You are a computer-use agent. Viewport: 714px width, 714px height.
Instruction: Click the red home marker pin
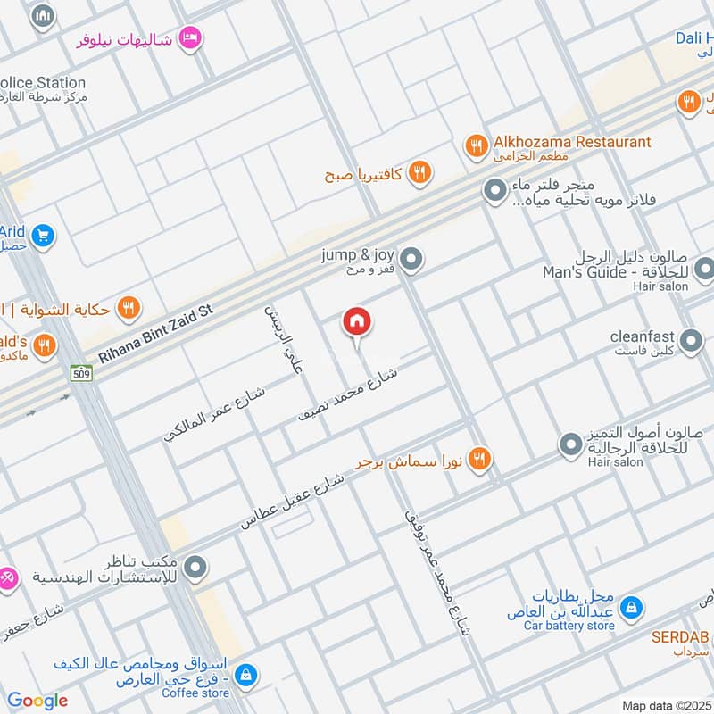pos(357,322)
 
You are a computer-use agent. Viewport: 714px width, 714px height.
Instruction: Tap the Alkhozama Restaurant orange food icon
pos(477,144)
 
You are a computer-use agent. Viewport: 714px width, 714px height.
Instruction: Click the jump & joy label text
pos(358,255)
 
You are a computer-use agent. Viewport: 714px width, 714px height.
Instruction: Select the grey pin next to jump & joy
pos(411,260)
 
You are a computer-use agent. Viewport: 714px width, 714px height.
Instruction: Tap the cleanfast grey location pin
pos(690,340)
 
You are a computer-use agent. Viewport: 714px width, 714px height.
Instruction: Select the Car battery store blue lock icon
pos(630,608)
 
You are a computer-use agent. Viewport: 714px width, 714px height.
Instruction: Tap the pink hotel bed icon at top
pos(190,37)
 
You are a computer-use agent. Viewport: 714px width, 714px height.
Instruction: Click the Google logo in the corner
pos(37,701)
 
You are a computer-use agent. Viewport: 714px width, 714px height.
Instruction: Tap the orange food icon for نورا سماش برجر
pos(480,459)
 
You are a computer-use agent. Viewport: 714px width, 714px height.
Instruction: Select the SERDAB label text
pos(678,638)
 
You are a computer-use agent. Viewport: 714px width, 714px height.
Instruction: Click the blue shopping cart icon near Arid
pos(41,237)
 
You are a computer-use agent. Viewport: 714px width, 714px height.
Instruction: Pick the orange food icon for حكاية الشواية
pos(130,309)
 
